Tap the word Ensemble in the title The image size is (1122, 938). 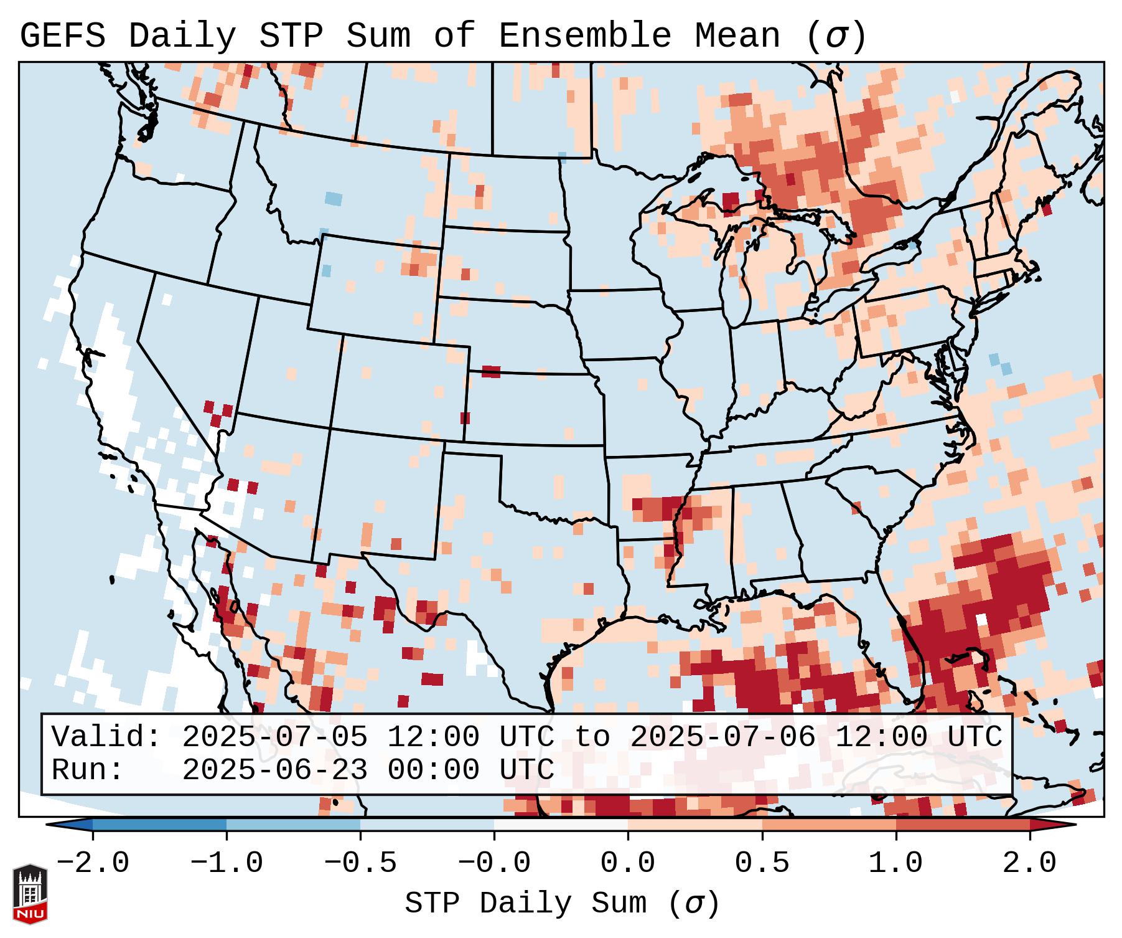(x=584, y=36)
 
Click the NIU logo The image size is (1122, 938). (x=30, y=893)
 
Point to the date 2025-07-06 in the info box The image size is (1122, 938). (x=722, y=737)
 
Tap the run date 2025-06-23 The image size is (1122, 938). (x=274, y=770)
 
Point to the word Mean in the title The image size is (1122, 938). (x=737, y=36)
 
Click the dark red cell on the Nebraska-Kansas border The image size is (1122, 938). (x=491, y=372)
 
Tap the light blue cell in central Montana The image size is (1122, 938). (x=334, y=199)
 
